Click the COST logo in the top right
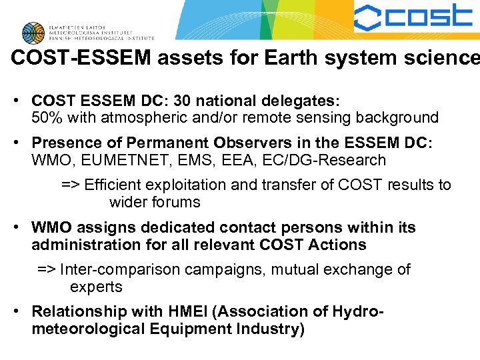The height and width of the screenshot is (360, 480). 413,18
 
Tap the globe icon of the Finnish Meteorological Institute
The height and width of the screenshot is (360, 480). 33,32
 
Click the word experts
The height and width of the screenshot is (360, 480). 97,287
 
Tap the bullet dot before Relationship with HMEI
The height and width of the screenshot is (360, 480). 21,311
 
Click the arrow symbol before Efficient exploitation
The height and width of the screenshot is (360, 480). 70,185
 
